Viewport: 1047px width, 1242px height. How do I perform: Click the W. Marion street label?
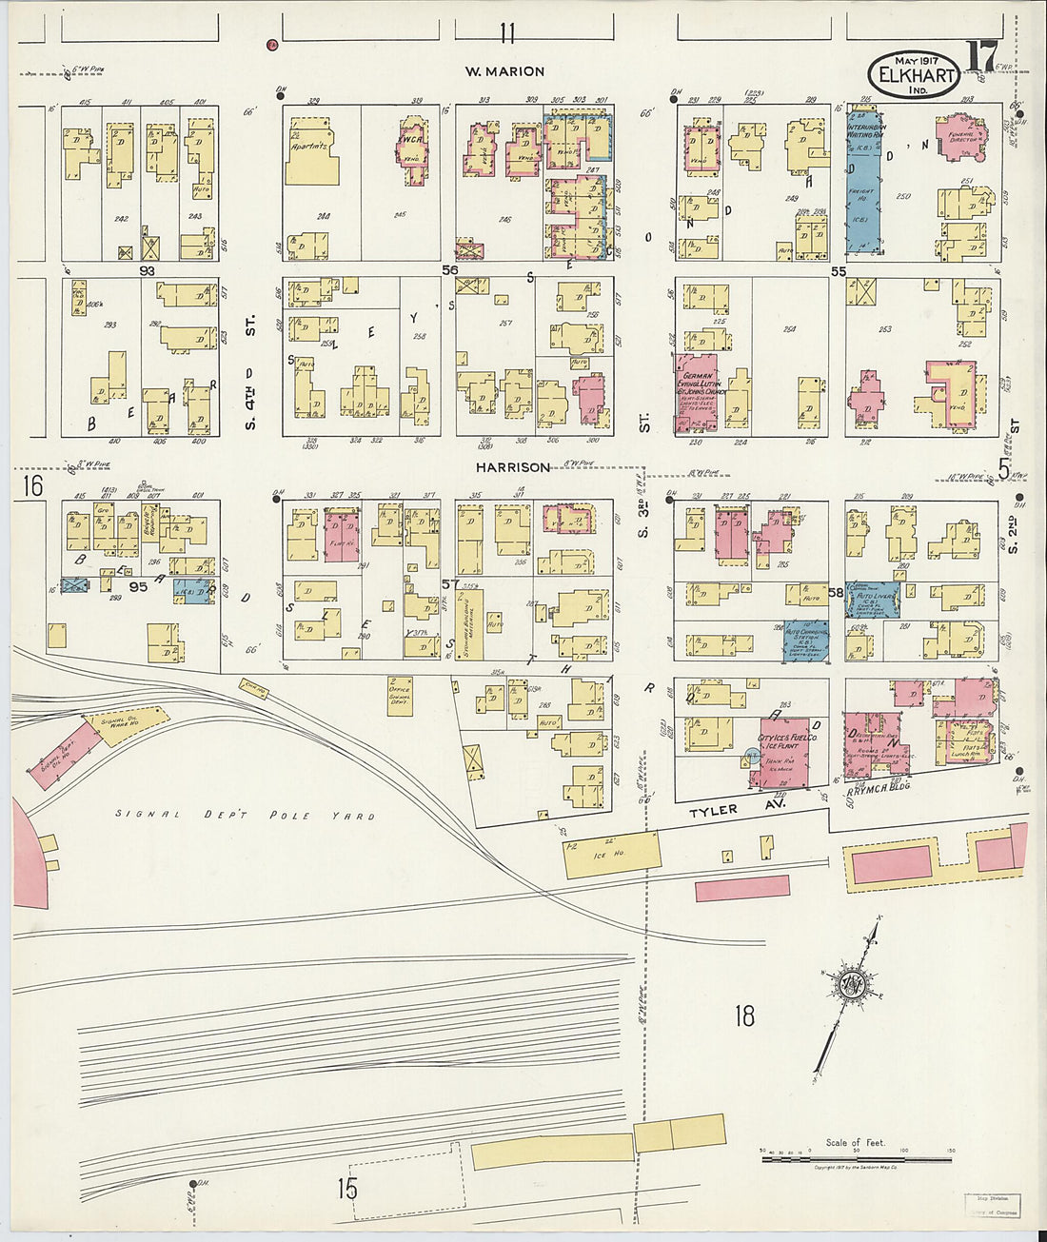[504, 71]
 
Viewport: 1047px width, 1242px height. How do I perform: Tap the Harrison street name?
[514, 467]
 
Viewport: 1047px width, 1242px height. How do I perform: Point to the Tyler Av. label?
[714, 810]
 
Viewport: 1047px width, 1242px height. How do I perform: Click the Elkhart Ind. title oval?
[913, 74]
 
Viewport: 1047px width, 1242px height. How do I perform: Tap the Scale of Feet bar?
[855, 1153]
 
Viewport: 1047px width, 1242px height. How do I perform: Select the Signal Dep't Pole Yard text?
[245, 815]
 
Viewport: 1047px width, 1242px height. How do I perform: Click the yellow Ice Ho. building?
[612, 854]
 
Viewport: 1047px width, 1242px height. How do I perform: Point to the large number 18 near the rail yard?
[743, 1015]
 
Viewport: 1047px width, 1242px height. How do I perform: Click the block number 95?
[139, 587]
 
